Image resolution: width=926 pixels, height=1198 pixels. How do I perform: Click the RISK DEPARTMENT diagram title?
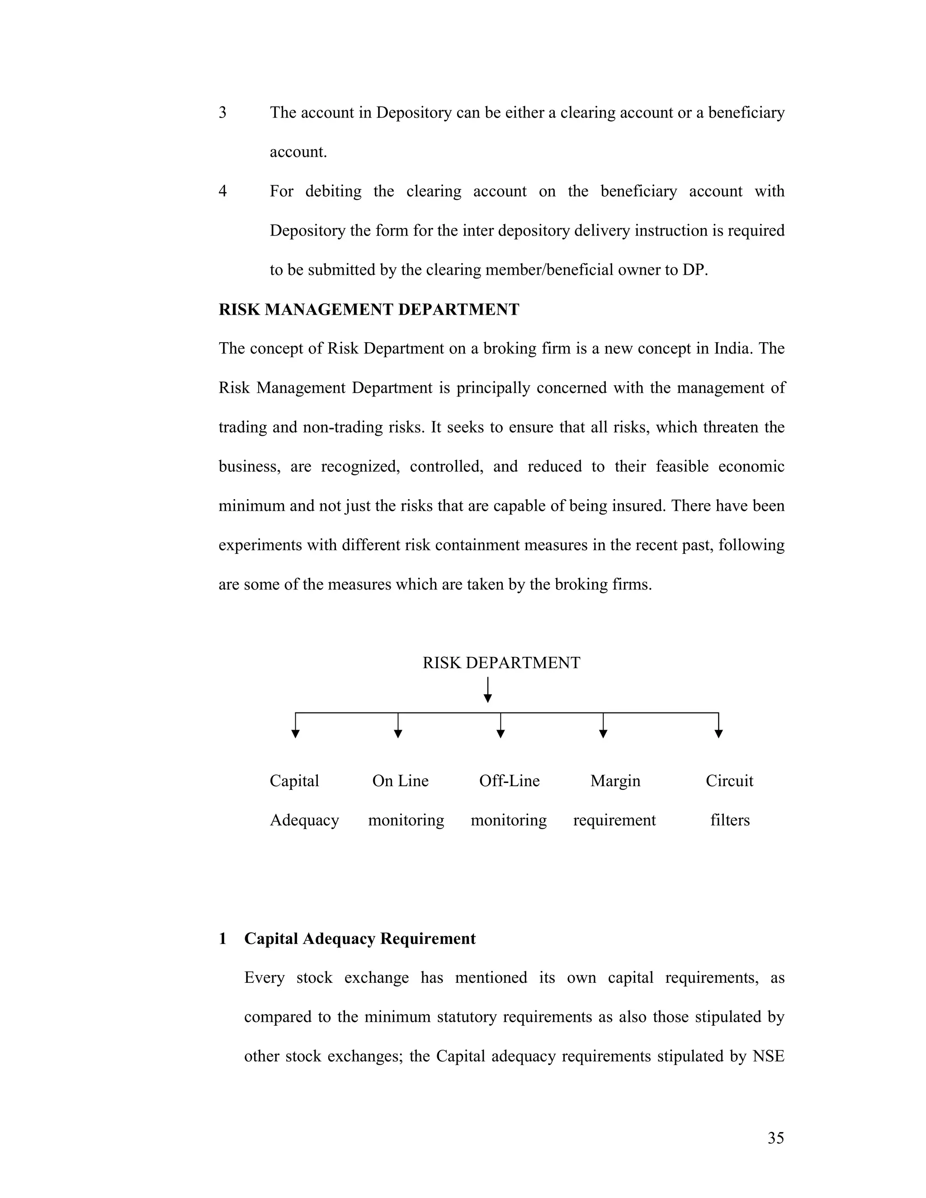tap(501, 663)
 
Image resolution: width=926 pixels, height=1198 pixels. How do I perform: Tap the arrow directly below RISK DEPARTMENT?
tap(488, 690)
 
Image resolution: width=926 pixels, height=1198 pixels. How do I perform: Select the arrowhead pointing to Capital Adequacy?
tap(296, 734)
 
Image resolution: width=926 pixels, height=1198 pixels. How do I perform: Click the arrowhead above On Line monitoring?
tap(398, 734)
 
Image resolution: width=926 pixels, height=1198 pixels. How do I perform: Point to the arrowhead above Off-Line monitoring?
tap(501, 734)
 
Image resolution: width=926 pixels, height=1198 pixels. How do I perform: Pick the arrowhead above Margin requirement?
tap(603, 734)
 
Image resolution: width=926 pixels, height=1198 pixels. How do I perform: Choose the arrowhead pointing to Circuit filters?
tap(718, 734)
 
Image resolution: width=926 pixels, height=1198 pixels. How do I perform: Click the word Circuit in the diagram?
tap(729, 781)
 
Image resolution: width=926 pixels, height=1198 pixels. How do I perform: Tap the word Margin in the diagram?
tap(615, 781)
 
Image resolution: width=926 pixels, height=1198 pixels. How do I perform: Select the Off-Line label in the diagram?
tap(509, 781)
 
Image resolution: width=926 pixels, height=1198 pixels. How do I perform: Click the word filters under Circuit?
tap(730, 820)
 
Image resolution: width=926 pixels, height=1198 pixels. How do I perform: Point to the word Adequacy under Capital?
tap(304, 820)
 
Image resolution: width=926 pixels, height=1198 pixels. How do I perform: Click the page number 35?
tap(776, 1138)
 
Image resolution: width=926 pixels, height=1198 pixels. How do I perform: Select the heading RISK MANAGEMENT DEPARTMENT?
tap(369, 309)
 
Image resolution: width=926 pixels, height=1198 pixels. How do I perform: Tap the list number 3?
tap(223, 113)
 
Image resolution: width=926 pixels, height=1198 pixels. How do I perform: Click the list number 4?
tap(223, 191)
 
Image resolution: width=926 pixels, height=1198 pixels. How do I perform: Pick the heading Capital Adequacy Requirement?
tap(359, 939)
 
